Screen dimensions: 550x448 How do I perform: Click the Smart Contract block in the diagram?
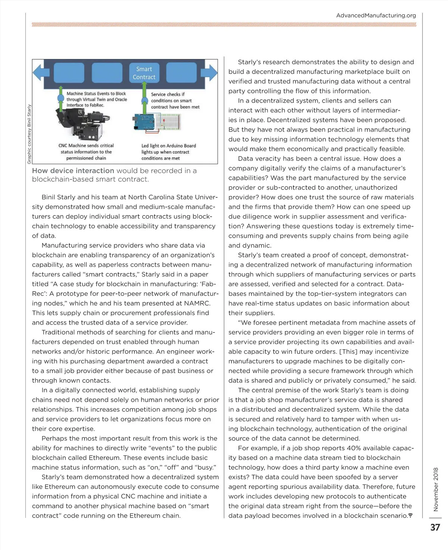(x=144, y=73)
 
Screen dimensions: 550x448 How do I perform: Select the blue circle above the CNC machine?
(x=60, y=98)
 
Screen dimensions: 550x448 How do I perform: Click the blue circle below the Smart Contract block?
(x=144, y=101)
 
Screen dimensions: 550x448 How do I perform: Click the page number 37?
(x=435, y=527)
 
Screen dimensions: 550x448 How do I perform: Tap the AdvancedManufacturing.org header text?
(x=376, y=16)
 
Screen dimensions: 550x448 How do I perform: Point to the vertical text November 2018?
(x=436, y=489)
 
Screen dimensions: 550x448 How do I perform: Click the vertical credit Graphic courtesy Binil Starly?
(x=29, y=134)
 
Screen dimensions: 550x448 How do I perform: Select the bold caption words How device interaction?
(x=73, y=171)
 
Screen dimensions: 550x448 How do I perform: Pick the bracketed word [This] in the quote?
(x=348, y=351)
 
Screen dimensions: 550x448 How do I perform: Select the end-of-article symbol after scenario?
(x=410, y=516)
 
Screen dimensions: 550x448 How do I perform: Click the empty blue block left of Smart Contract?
(x=107, y=73)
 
